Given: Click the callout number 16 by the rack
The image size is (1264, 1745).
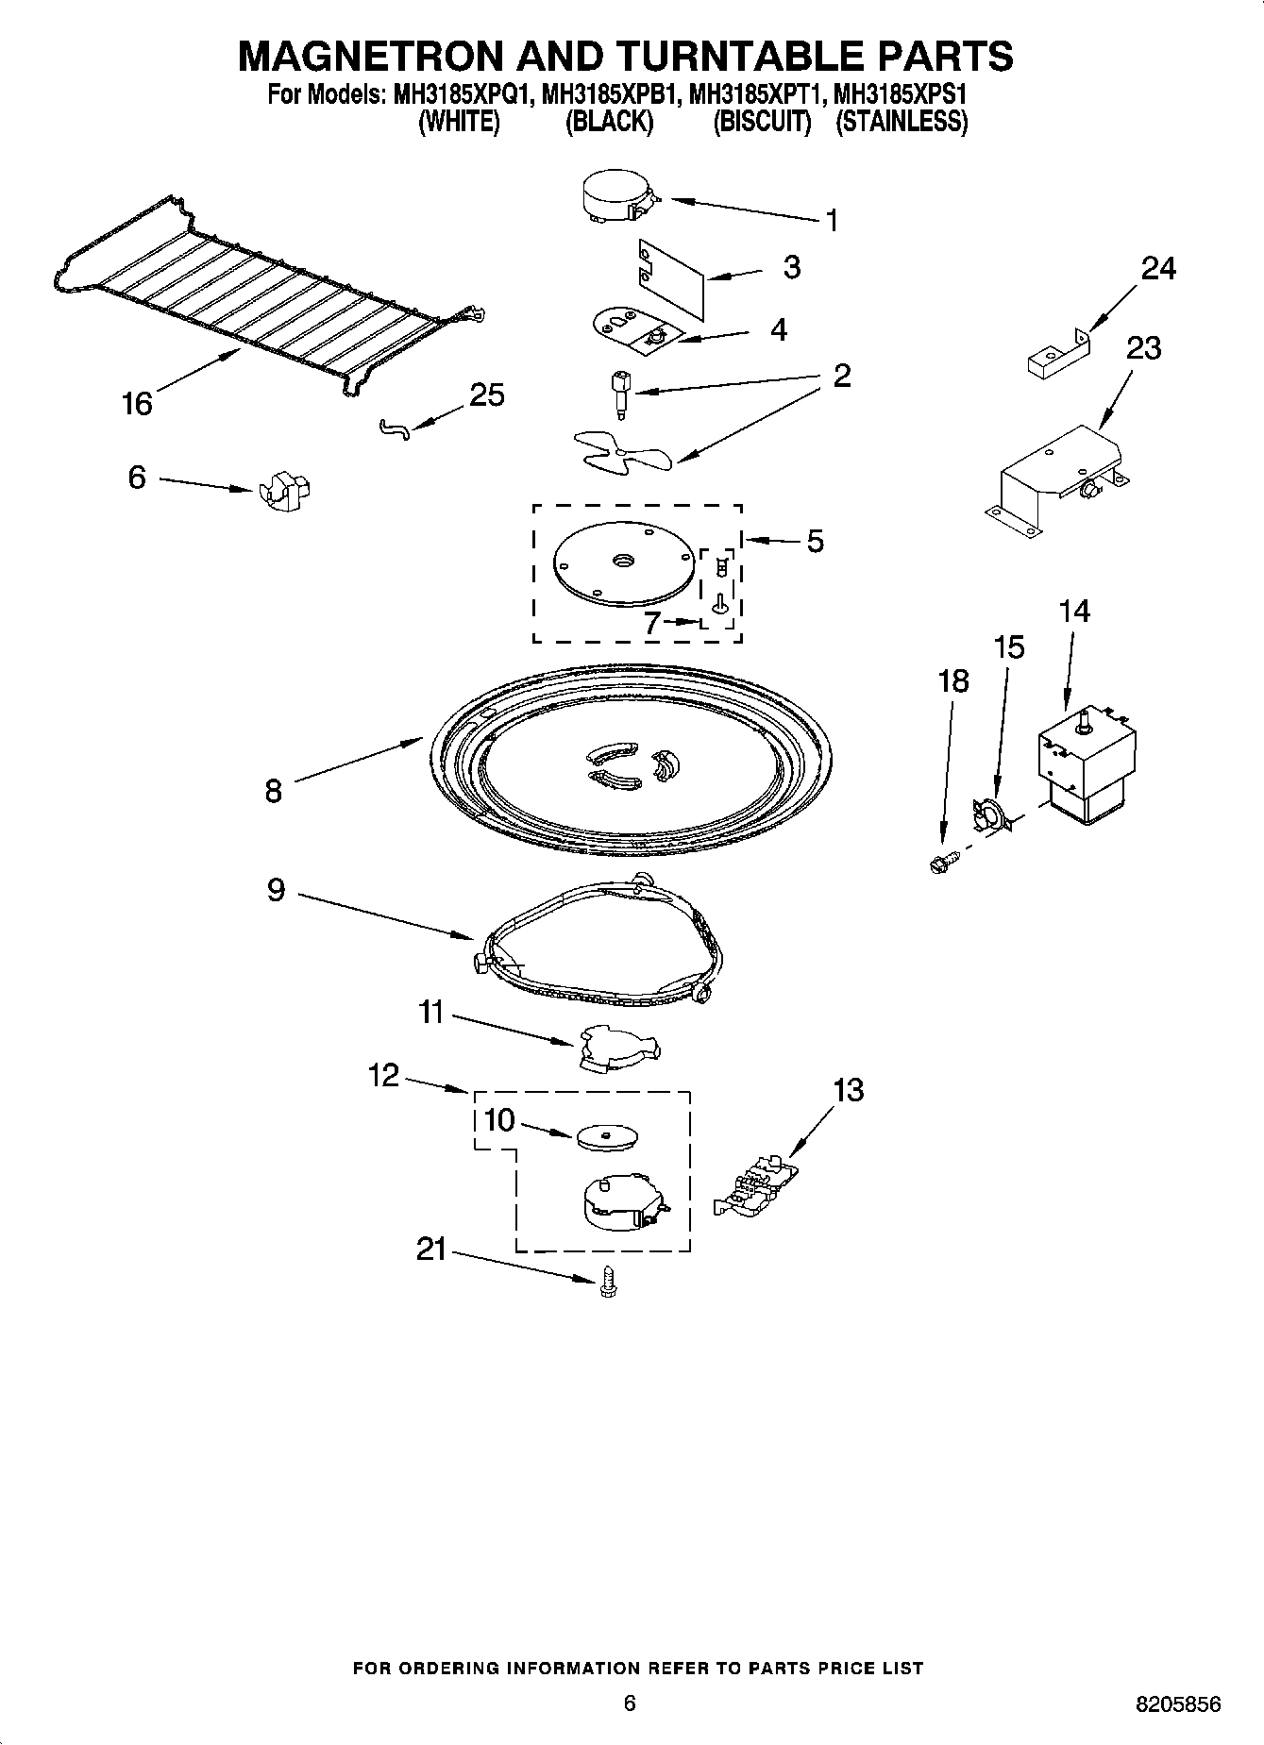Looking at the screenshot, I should point(137,404).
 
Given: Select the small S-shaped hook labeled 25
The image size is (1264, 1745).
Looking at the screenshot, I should point(395,429).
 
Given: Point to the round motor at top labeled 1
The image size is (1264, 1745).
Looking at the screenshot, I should point(615,199).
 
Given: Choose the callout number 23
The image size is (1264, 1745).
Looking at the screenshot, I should point(1143,349).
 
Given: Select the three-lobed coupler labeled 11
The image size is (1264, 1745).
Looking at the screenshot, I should point(617,1049).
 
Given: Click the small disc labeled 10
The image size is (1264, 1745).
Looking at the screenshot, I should point(603,1137).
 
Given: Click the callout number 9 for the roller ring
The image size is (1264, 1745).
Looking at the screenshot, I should point(275,890).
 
